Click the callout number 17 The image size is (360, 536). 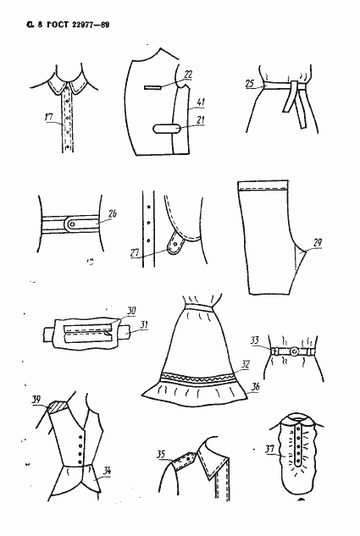[x=49, y=117]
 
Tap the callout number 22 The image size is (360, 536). [x=188, y=75]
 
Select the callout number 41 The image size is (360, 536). [x=201, y=102]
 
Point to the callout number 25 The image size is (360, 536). [x=250, y=84]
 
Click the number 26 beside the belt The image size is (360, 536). [x=113, y=213]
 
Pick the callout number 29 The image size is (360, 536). [x=318, y=243]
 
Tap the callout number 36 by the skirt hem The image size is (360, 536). [x=255, y=387]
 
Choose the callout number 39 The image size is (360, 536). [x=36, y=400]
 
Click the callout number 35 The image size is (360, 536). [x=161, y=455]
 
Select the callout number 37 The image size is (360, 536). [x=270, y=449]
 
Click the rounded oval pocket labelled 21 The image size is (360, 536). [x=167, y=129]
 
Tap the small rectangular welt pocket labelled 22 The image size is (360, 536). [x=152, y=87]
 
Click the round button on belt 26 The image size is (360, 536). [x=72, y=224]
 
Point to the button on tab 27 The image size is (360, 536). [x=174, y=244]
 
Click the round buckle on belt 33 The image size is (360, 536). [x=294, y=351]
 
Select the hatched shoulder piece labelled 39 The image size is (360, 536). [x=58, y=407]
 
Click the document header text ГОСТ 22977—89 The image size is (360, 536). [x=78, y=25]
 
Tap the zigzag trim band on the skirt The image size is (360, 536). [x=198, y=378]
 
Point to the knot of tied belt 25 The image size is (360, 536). [x=294, y=86]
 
